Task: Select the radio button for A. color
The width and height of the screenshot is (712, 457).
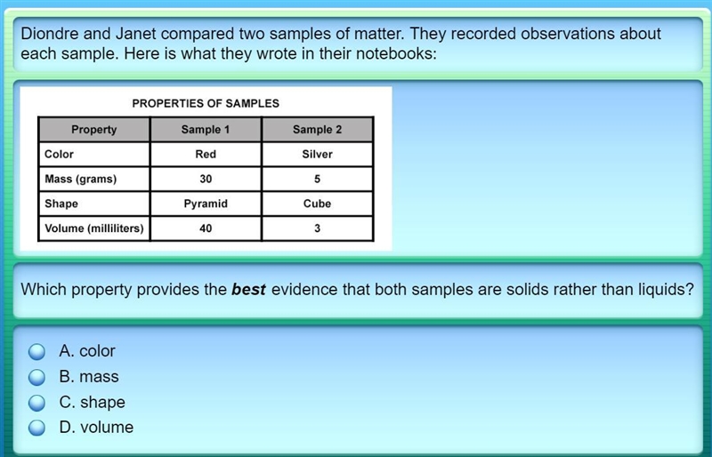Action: click(x=36, y=351)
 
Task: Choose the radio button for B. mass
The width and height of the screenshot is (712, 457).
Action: click(x=36, y=377)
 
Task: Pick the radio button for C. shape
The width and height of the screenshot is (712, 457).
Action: click(x=36, y=403)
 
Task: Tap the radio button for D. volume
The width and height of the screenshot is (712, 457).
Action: click(x=36, y=428)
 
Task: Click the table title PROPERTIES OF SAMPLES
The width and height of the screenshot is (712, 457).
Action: click(x=206, y=103)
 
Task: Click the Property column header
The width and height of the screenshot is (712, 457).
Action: click(x=94, y=129)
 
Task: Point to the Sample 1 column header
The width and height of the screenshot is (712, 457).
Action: click(x=206, y=129)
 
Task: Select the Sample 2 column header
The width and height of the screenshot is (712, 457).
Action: click(x=318, y=129)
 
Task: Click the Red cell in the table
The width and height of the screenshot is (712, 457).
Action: click(x=206, y=155)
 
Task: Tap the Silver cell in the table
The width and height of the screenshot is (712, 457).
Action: click(x=318, y=155)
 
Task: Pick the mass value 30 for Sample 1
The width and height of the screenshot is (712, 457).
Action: click(x=206, y=179)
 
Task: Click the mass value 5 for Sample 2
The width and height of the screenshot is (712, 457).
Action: click(x=318, y=179)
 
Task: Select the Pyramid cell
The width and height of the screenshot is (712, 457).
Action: click(x=206, y=204)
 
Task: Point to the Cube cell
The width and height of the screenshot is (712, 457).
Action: click(x=318, y=204)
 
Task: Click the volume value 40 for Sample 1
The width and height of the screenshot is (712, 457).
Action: click(x=206, y=228)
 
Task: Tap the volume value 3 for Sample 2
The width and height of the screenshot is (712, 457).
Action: click(x=318, y=228)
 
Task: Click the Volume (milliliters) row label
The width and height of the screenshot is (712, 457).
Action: click(x=94, y=228)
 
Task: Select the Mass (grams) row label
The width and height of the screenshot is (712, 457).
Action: click(x=81, y=180)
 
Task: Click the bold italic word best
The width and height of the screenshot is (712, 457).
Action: click(x=248, y=289)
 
